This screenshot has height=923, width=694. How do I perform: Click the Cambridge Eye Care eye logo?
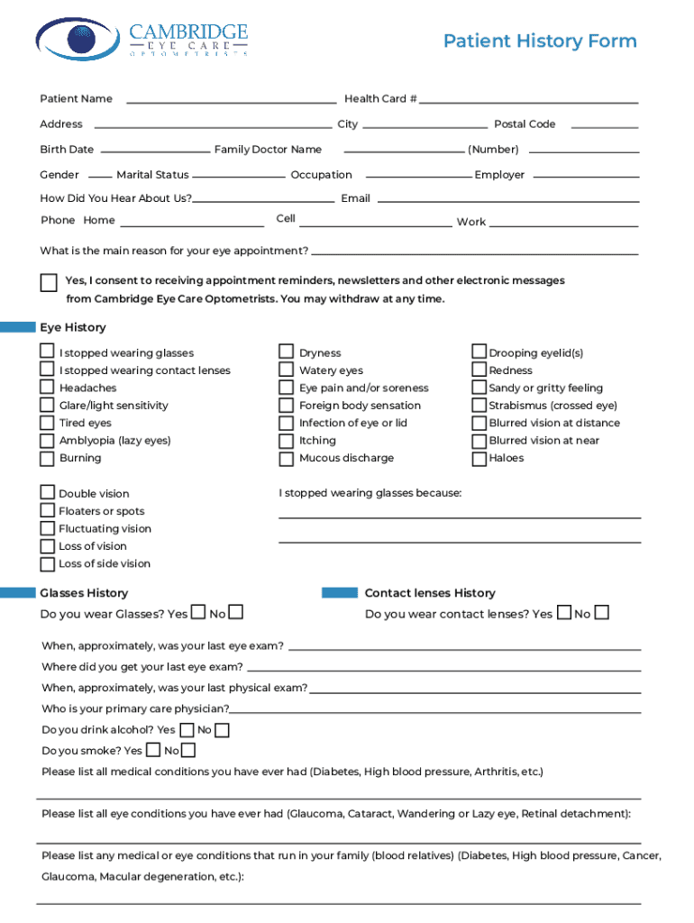point(77,39)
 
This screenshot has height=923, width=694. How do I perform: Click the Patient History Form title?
point(540,41)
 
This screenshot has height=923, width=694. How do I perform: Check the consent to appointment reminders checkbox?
point(49,283)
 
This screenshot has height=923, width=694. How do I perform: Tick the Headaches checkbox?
point(47,388)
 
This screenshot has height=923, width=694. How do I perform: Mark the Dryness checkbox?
point(286,352)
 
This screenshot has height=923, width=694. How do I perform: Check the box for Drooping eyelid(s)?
point(479,352)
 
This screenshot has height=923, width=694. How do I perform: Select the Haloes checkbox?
point(479,459)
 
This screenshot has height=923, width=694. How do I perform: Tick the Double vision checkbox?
point(47,493)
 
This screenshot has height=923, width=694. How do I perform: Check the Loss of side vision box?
point(47,564)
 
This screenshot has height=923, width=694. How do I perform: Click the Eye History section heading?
point(72,327)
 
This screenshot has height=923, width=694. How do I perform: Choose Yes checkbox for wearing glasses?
point(198,613)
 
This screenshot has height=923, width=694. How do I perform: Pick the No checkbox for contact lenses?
point(601,613)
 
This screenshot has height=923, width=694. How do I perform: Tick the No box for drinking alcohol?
point(222,730)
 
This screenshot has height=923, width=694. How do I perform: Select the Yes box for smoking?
point(153,750)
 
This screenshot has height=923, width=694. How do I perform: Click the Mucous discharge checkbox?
point(286,459)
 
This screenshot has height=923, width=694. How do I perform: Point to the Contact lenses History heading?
point(430,593)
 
